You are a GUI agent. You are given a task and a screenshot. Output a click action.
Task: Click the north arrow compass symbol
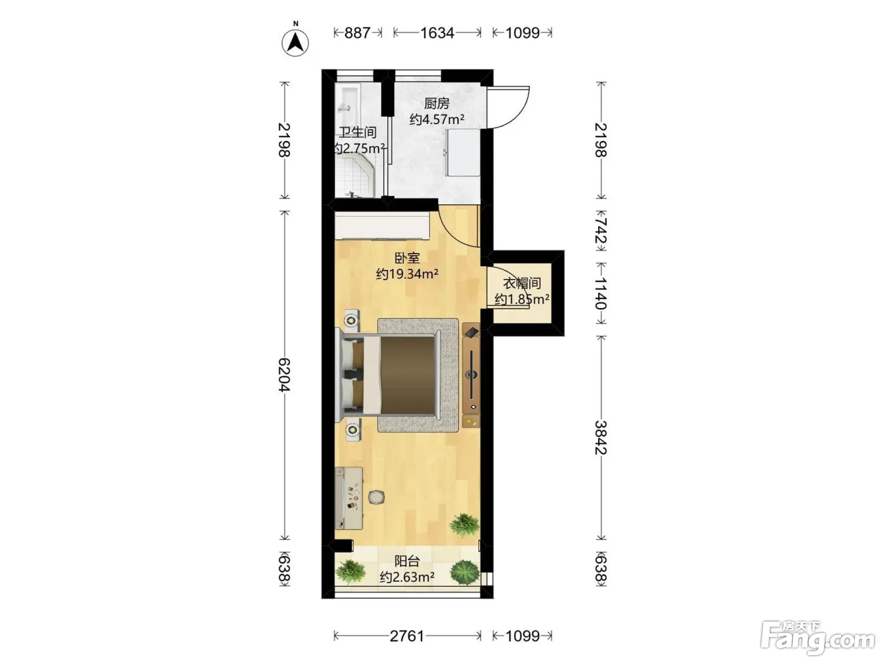[295, 42]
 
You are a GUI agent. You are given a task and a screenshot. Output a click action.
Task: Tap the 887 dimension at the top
[357, 33]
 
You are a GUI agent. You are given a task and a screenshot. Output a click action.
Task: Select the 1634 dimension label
[437, 33]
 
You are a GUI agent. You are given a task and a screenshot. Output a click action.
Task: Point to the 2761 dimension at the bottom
[407, 636]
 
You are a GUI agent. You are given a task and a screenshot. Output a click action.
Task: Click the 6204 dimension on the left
[284, 375]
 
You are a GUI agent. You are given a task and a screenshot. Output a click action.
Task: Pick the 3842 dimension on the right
[601, 438]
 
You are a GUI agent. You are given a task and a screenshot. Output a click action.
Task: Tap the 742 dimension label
[601, 230]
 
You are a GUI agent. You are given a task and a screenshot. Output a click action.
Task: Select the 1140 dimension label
[601, 293]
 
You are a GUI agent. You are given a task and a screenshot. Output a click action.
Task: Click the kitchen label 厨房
[436, 104]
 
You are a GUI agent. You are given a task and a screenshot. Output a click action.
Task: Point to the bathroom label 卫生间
[357, 132]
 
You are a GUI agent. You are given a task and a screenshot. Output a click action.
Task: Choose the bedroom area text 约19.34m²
[407, 274]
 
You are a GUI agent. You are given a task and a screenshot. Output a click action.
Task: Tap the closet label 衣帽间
[522, 283]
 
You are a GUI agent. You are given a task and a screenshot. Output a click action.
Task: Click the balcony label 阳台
[407, 561]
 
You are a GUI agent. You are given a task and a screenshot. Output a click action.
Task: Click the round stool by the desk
[376, 497]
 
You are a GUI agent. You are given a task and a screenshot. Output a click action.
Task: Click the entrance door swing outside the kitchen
[508, 108]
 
